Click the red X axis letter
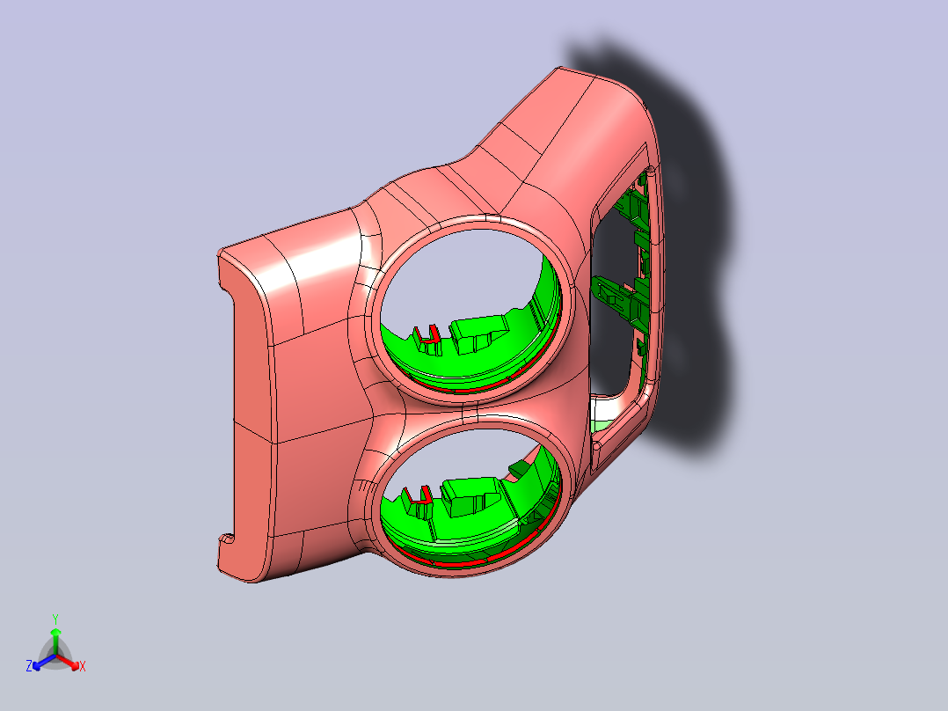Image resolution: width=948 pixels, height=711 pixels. (x=83, y=666)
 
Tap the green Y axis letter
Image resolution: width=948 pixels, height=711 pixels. (x=55, y=619)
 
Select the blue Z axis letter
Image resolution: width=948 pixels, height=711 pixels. (x=29, y=666)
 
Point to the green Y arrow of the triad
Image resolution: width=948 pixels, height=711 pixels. (x=55, y=641)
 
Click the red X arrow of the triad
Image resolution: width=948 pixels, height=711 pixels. (x=68, y=662)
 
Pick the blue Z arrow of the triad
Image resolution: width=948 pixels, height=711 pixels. (x=44, y=662)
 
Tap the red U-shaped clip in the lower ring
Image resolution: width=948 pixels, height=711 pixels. (x=419, y=496)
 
